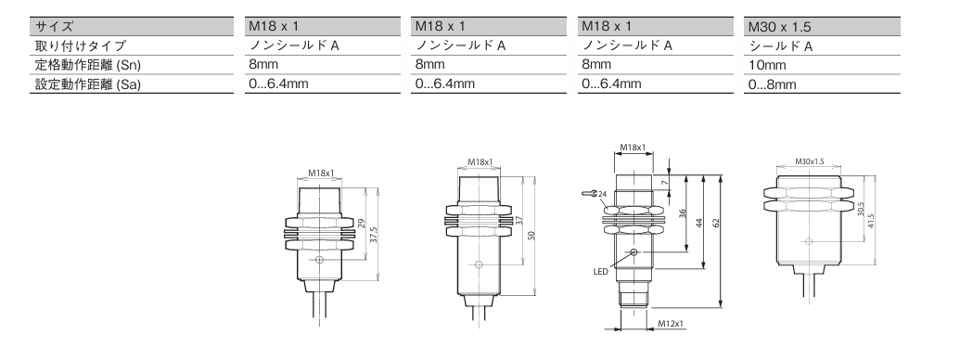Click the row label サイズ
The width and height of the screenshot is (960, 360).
pos(54,26)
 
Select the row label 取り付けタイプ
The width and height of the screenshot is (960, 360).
pos(80,45)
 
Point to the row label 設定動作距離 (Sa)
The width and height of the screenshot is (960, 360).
pos(88,84)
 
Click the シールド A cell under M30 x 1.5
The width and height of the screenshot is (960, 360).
pos(781,45)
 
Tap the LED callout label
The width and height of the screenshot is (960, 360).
pos(601,271)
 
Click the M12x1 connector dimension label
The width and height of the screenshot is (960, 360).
pos(671,323)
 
